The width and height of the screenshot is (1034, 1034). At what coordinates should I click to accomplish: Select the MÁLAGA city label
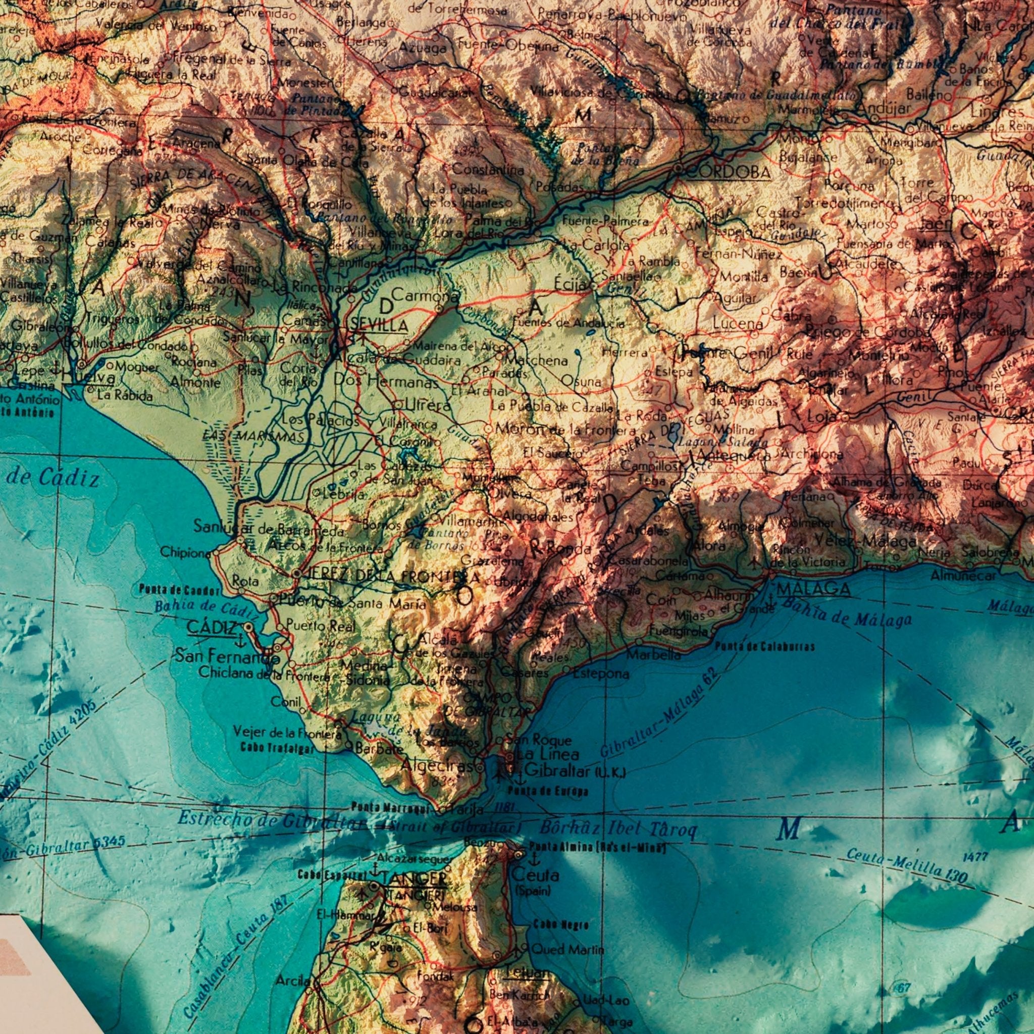click(813, 589)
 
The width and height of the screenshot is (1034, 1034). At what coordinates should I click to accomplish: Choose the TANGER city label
click(413, 880)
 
